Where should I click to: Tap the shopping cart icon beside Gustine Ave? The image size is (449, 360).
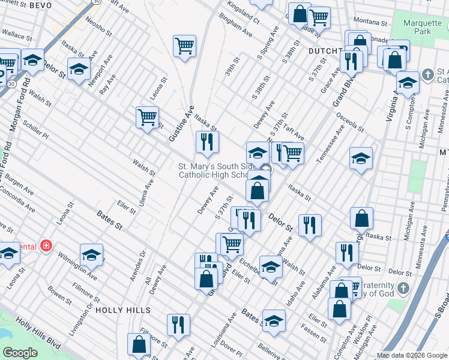[x=147, y=118]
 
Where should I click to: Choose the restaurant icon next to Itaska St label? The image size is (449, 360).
[x=207, y=142]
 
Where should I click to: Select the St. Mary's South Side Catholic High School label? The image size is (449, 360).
[x=212, y=170]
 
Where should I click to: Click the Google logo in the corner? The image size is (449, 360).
[x=20, y=352]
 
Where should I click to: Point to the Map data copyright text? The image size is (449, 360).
[x=411, y=355]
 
